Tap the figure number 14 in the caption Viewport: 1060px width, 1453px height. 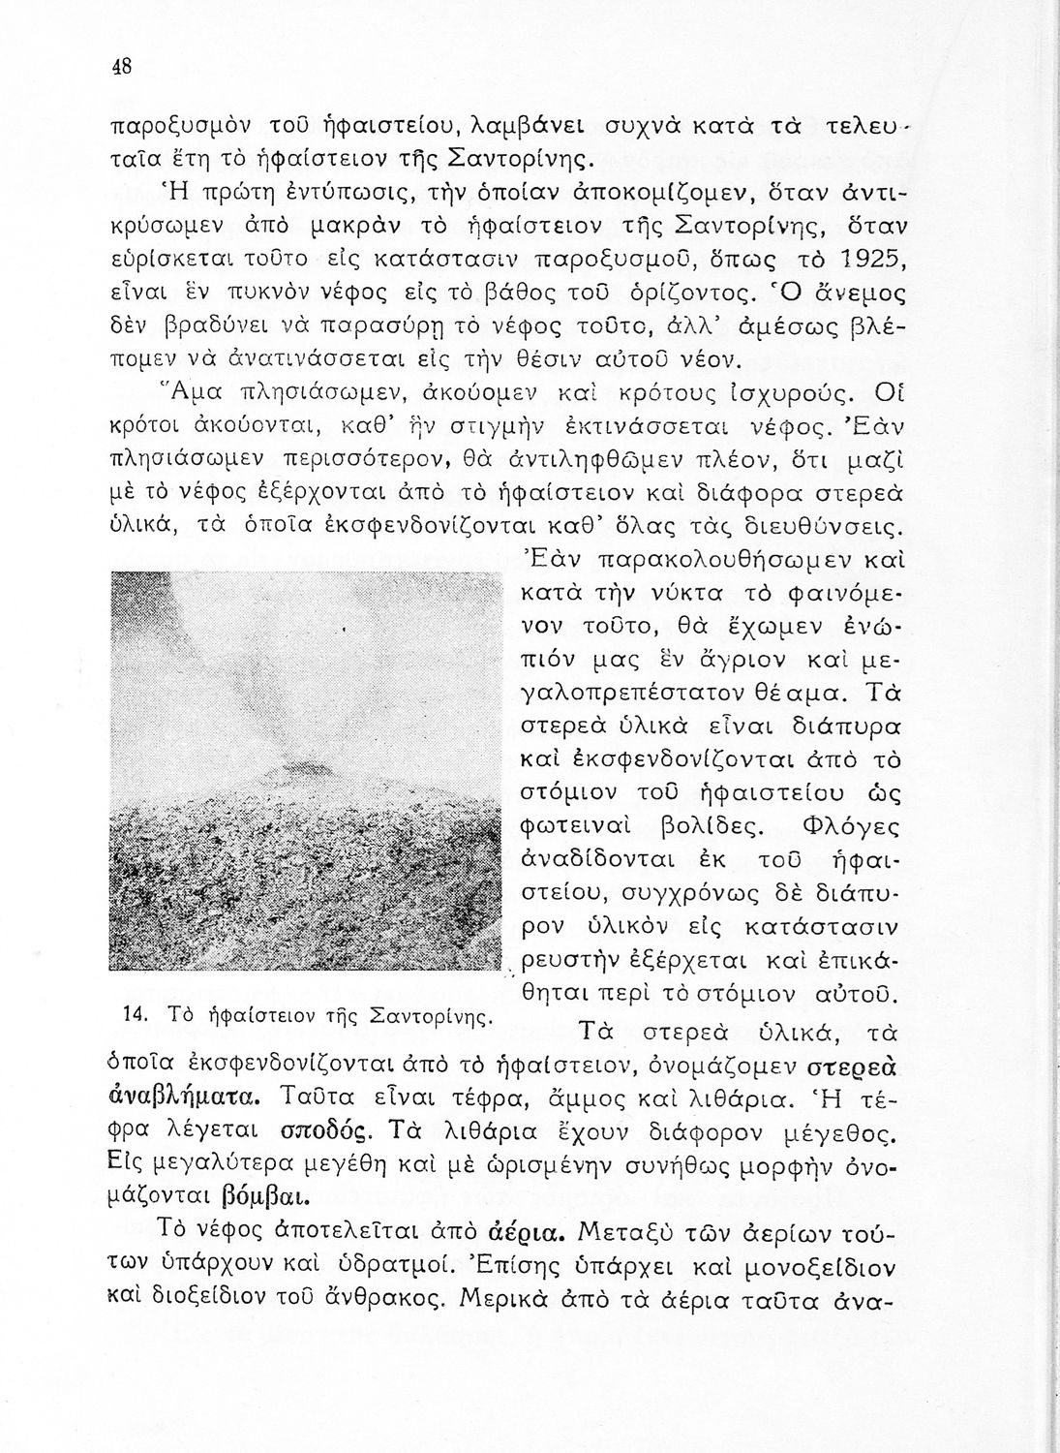[x=136, y=1013]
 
